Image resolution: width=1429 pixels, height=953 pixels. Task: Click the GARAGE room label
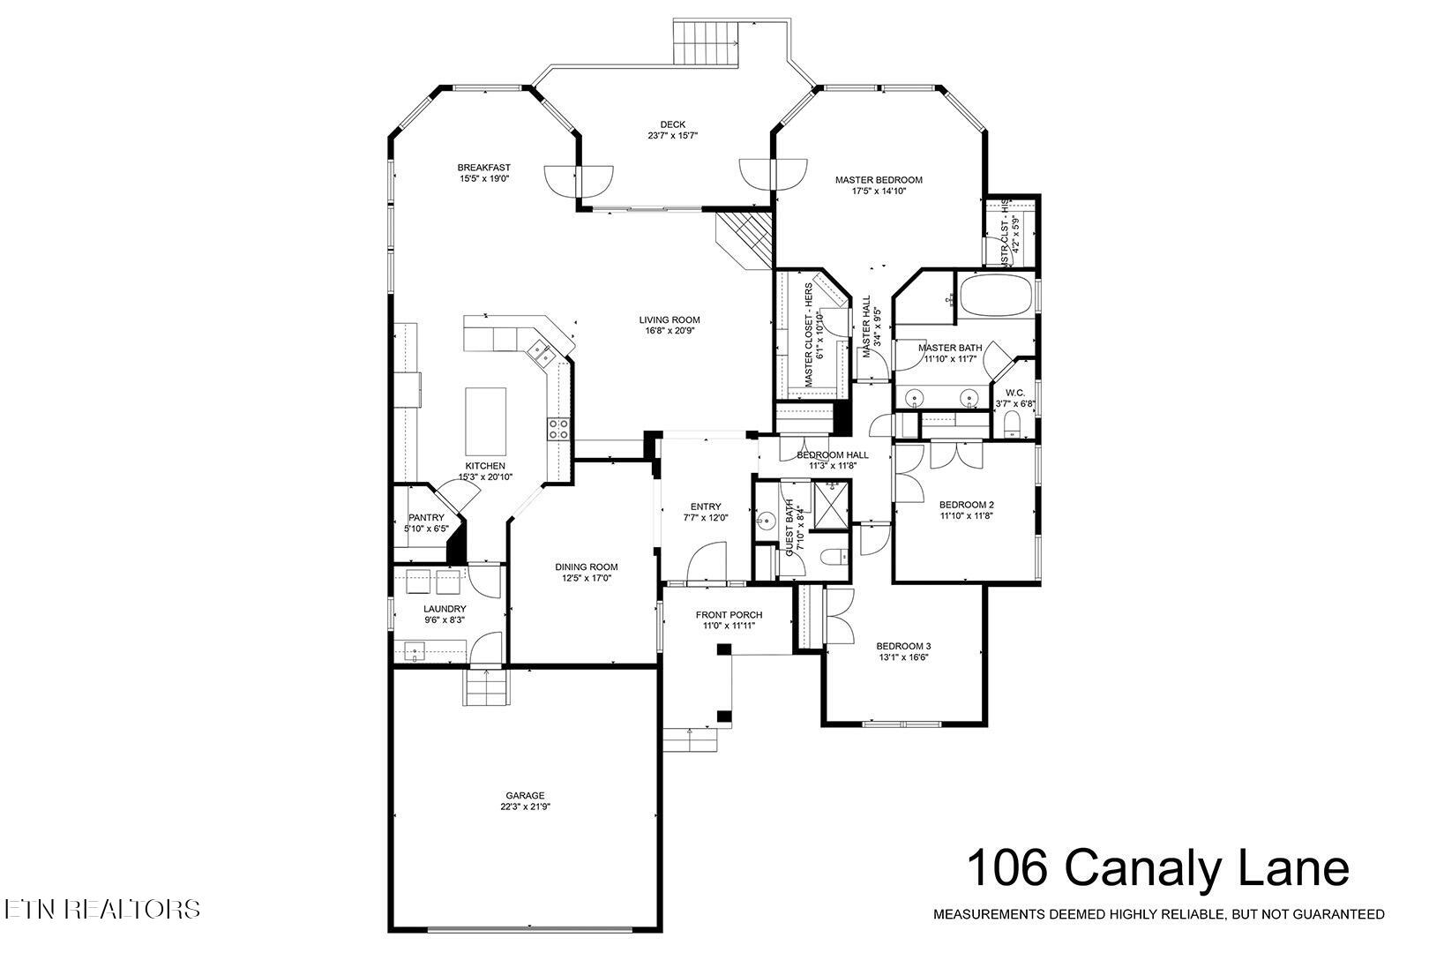(x=525, y=794)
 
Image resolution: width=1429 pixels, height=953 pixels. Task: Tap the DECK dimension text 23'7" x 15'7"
(x=672, y=136)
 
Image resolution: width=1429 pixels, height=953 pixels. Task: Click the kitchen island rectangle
(x=485, y=421)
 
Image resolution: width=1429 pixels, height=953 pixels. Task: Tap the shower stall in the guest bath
(x=829, y=505)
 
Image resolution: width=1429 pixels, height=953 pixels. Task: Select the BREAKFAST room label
(x=483, y=168)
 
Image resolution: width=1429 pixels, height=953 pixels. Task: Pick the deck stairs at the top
(x=705, y=41)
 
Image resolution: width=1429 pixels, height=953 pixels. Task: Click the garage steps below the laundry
(x=487, y=687)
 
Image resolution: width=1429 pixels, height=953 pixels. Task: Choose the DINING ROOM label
(x=586, y=567)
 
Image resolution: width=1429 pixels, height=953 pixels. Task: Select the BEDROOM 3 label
(x=903, y=645)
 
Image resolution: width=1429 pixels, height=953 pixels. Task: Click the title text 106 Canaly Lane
(x=1157, y=868)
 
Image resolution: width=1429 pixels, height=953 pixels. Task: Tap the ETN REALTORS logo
(x=101, y=909)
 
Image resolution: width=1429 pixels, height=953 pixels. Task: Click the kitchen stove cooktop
(x=558, y=429)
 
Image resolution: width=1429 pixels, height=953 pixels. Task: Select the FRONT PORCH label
(x=729, y=615)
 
